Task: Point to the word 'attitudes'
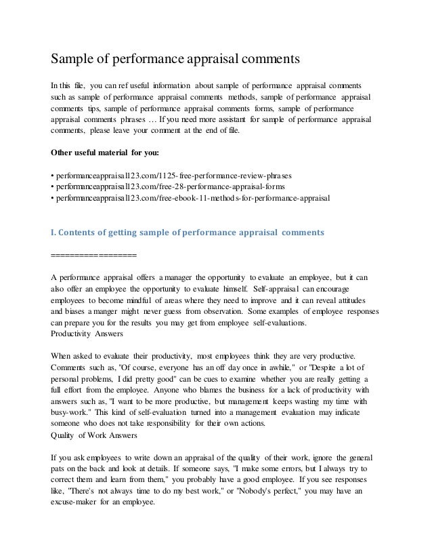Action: [347, 300]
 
